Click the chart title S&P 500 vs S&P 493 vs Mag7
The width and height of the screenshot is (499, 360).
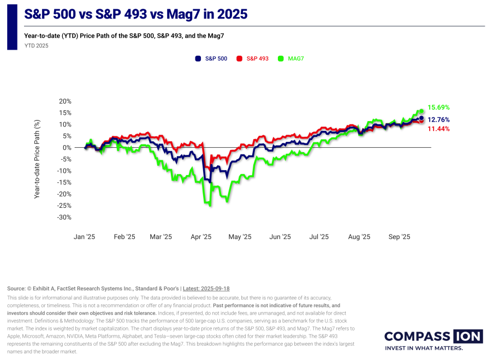coord(135,15)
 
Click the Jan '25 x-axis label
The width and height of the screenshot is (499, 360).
coord(85,237)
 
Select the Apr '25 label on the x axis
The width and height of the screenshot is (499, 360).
coord(201,237)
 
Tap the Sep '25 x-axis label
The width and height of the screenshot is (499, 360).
coord(399,237)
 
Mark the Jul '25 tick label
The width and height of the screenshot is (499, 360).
coord(319,237)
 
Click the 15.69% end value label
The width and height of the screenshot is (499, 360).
coord(438,107)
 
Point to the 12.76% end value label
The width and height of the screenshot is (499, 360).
coord(438,119)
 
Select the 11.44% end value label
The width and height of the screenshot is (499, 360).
coord(438,129)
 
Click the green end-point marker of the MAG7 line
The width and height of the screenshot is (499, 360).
coord(421,111)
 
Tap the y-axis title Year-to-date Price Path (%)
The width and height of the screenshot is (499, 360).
coord(38,159)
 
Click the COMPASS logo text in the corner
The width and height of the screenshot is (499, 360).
coord(417,337)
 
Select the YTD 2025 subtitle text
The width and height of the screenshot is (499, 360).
coord(36,46)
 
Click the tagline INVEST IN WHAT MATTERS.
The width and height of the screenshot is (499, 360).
coord(424,348)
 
